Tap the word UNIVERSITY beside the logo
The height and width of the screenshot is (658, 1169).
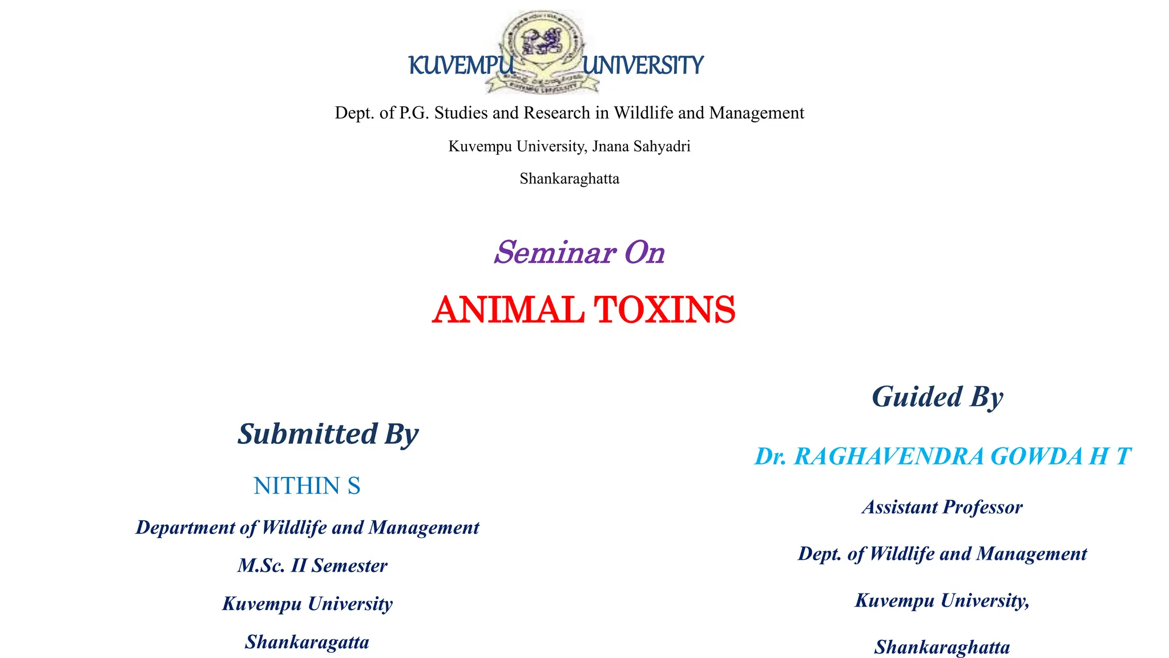click(643, 66)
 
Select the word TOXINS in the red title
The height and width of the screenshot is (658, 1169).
click(664, 310)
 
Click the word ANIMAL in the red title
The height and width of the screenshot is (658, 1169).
click(507, 310)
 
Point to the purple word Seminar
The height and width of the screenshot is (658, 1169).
click(555, 252)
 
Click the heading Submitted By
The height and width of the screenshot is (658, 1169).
click(328, 434)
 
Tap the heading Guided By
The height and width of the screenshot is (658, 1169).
click(937, 397)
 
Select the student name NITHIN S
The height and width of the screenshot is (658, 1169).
click(307, 486)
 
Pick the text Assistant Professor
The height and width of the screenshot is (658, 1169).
click(942, 507)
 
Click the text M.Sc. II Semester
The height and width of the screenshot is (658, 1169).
click(312, 565)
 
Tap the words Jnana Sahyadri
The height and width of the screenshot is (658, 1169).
click(641, 146)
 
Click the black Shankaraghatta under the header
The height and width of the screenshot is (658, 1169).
click(569, 179)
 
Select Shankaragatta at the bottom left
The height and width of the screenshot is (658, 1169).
click(307, 642)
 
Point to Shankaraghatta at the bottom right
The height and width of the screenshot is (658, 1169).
click(942, 647)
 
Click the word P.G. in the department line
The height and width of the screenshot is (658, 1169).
click(414, 113)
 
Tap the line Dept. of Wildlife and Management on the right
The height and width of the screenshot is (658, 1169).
click(942, 554)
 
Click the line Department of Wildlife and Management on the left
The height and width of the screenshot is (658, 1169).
click(307, 528)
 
